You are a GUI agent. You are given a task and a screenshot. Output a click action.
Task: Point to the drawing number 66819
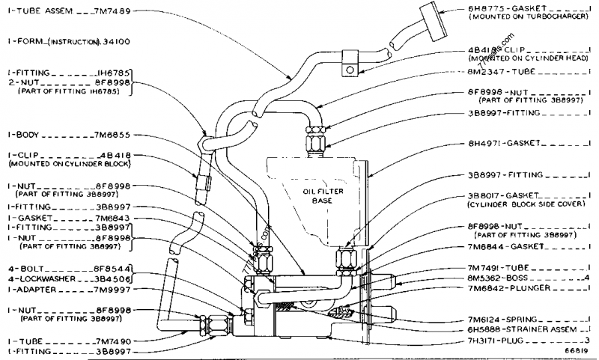tap(576, 352)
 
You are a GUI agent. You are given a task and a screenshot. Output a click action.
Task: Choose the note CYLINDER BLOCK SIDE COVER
tap(525, 204)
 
